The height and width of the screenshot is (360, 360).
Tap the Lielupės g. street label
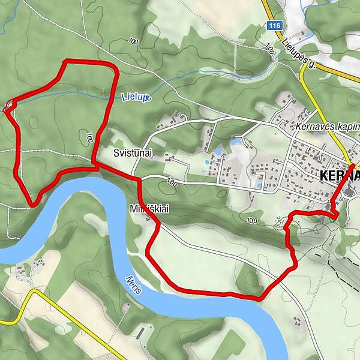click(298, 53)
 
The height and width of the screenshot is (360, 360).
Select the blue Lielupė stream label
click(135, 97)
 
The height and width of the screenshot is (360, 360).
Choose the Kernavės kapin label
click(327, 127)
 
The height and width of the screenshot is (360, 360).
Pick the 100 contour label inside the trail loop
click(89, 137)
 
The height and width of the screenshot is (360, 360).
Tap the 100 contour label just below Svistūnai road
click(173, 182)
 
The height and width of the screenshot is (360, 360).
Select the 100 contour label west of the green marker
click(252, 221)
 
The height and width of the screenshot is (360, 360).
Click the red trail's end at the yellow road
click(352, 166)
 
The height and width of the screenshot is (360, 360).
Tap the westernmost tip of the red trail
click(5, 109)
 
